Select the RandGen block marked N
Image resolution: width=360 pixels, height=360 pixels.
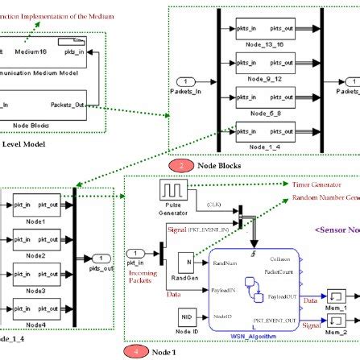pos(184,262)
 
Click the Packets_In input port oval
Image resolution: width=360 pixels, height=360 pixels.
pos(186,81)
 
